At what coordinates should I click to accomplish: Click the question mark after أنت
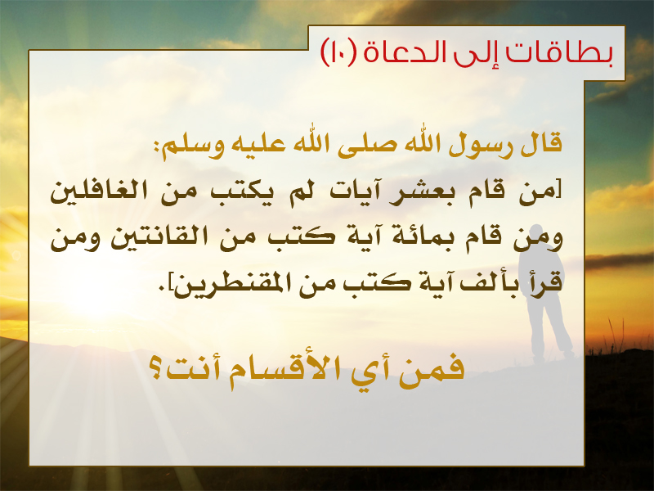[x=155, y=370]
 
